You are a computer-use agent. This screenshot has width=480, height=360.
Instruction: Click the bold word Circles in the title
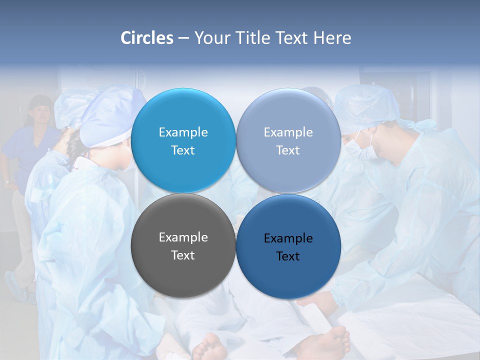[146, 38]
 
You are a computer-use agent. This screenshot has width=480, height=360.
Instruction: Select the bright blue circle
[183, 140]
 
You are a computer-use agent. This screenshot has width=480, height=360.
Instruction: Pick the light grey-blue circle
[288, 140]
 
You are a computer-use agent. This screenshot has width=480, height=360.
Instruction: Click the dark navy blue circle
[288, 246]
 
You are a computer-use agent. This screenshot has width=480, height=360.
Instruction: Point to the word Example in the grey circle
[183, 237]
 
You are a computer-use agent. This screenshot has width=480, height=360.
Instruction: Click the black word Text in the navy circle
[288, 256]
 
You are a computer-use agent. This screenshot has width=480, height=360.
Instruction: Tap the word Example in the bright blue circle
[183, 132]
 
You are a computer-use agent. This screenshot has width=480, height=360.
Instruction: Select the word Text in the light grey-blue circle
[288, 150]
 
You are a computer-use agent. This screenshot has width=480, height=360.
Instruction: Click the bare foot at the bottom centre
[210, 347]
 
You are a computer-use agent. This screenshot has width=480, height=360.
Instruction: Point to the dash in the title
[183, 38]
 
